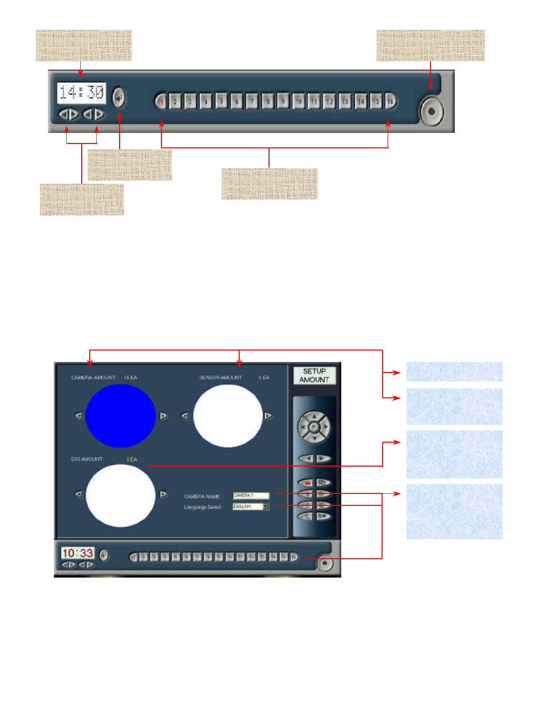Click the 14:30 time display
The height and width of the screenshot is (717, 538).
[81, 93]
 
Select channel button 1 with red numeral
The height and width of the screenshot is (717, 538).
[161, 102]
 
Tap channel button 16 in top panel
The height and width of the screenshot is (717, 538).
[391, 101]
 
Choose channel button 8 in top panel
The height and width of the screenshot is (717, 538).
[268, 102]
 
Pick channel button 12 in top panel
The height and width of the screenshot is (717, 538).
[329, 102]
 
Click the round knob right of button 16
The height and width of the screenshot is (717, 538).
[431, 111]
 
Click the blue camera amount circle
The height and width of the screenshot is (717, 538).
[121, 416]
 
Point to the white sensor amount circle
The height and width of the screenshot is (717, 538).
[228, 416]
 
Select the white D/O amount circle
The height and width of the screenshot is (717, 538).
[121, 495]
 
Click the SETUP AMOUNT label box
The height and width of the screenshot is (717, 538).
[314, 375]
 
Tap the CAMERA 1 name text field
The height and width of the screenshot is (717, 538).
[251, 495]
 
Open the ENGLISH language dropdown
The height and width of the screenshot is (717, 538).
[251, 506]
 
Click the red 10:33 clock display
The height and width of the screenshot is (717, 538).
[78, 553]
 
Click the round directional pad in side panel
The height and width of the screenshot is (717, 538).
[314, 427]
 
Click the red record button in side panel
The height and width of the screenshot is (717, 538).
[307, 482]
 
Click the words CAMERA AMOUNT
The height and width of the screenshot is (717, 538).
[94, 377]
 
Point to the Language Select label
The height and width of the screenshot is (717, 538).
[202, 507]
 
